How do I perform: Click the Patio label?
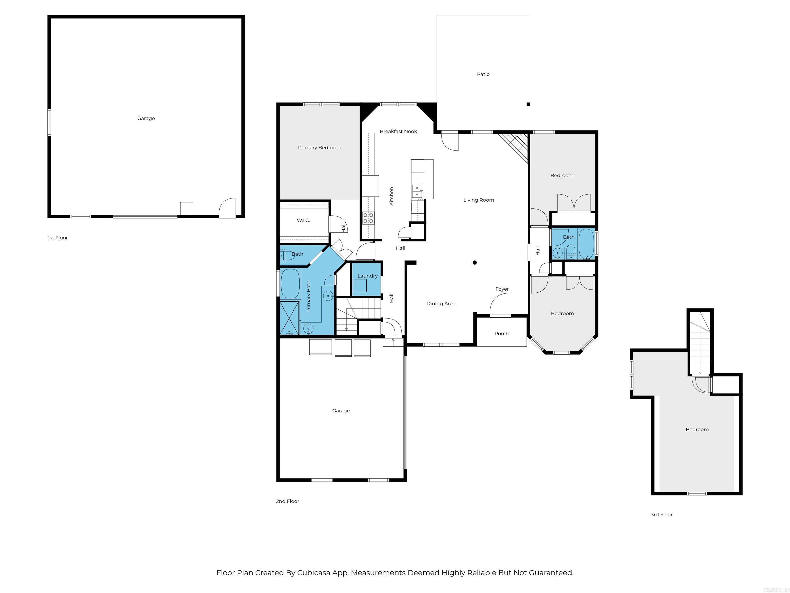tap(483, 74)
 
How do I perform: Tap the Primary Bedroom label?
tap(319, 148)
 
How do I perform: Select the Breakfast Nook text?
tap(398, 132)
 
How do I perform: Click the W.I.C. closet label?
tap(303, 221)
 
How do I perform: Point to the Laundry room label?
tap(367, 276)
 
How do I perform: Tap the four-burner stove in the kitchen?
tap(368, 218)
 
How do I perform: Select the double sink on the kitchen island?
tap(417, 191)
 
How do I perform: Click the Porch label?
tap(501, 334)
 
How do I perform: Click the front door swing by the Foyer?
tap(501, 304)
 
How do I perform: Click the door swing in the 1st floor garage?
tap(228, 207)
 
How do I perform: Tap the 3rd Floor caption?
tap(661, 515)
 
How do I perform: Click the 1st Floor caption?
tap(58, 238)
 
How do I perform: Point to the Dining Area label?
tap(441, 303)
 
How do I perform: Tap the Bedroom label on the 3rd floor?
tap(697, 429)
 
